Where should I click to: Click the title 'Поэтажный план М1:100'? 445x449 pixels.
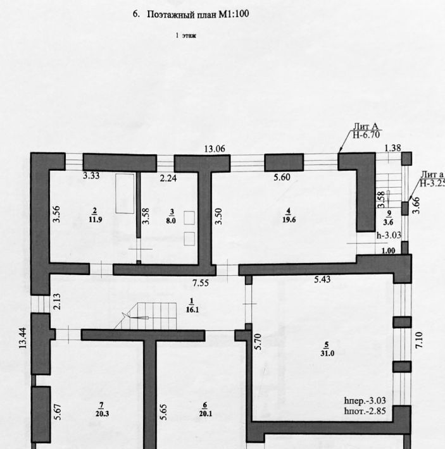pyautogui.click(x=197, y=13)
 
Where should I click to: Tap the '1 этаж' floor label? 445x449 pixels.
pyautogui.click(x=186, y=36)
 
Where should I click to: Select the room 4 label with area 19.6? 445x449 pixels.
pyautogui.click(x=287, y=216)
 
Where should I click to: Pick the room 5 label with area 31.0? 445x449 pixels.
pyautogui.click(x=326, y=349)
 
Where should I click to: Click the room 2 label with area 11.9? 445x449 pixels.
pyautogui.click(x=94, y=216)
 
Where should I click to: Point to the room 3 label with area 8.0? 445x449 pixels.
pyautogui.click(x=171, y=216)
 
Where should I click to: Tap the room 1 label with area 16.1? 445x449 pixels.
pyautogui.click(x=191, y=306)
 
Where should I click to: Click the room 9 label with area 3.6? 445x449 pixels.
pyautogui.click(x=389, y=218)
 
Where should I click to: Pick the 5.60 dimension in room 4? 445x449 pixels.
pyautogui.click(x=282, y=178)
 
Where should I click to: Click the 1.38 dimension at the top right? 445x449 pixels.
pyautogui.click(x=393, y=148)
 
